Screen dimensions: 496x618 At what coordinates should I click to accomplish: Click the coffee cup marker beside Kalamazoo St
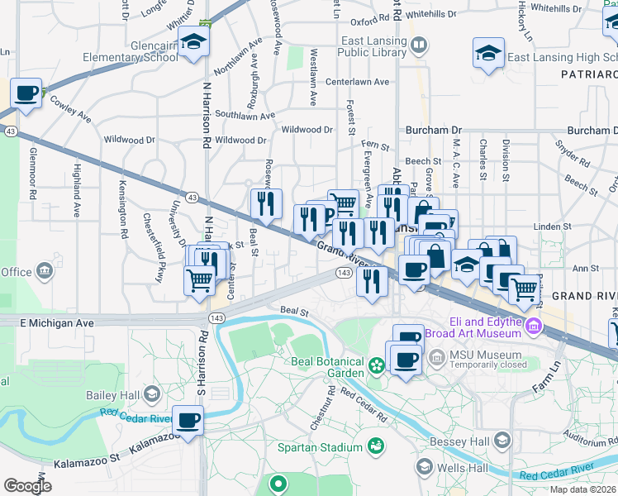click(x=188, y=420)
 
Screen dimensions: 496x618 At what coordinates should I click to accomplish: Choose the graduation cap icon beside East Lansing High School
click(x=488, y=54)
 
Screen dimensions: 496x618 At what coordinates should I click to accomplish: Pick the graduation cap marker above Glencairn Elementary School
click(x=193, y=43)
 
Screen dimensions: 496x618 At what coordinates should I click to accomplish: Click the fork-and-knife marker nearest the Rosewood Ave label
click(x=266, y=203)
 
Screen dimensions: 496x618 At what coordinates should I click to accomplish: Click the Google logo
click(x=27, y=486)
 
